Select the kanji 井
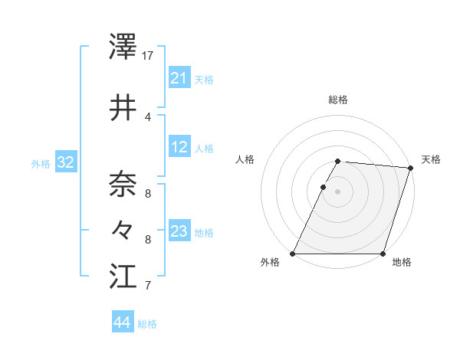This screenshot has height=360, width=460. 123,108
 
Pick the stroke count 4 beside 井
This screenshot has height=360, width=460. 148,117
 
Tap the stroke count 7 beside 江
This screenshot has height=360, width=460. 148,286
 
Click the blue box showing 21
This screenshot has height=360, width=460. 179,77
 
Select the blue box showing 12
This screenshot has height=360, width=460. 179,147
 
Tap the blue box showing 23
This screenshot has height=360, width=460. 179,231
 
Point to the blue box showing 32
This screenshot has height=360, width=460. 65,162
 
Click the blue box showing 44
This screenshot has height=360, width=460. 122,322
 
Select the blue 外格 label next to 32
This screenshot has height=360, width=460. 40,164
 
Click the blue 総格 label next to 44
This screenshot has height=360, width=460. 147,324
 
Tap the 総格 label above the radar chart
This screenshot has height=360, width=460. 338,100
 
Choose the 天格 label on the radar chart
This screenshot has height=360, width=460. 431,159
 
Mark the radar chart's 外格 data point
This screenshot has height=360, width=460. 293,254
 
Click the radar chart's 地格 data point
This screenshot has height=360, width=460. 383,254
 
